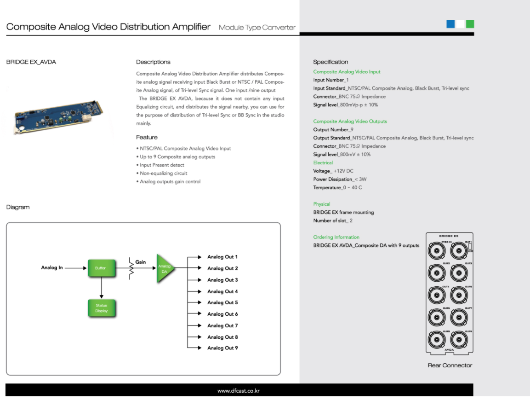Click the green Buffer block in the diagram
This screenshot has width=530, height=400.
tap(100, 268)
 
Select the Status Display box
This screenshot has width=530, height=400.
tap(101, 308)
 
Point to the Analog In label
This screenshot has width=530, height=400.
tap(52, 268)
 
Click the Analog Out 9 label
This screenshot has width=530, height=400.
tap(222, 348)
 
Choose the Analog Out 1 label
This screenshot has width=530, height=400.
tap(222, 257)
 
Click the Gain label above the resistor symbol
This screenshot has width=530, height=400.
tap(141, 262)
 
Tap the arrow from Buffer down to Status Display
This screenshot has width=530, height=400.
tap(101, 288)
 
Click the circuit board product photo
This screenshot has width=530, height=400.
tap(58, 115)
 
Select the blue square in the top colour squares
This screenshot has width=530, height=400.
tap(450, 24)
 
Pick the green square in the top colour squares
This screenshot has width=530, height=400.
tap(470, 24)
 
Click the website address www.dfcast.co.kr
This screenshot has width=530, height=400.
tap(239, 391)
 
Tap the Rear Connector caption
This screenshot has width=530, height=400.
tap(450, 365)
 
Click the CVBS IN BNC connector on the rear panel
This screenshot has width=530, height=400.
tap(437, 251)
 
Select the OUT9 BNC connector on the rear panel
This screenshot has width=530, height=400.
tap(459, 341)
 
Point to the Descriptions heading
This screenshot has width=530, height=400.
tap(153, 62)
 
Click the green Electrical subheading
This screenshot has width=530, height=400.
tap(323, 162)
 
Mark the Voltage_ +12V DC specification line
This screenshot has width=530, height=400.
tap(333, 171)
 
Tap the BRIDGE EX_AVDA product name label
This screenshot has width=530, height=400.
tap(31, 62)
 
